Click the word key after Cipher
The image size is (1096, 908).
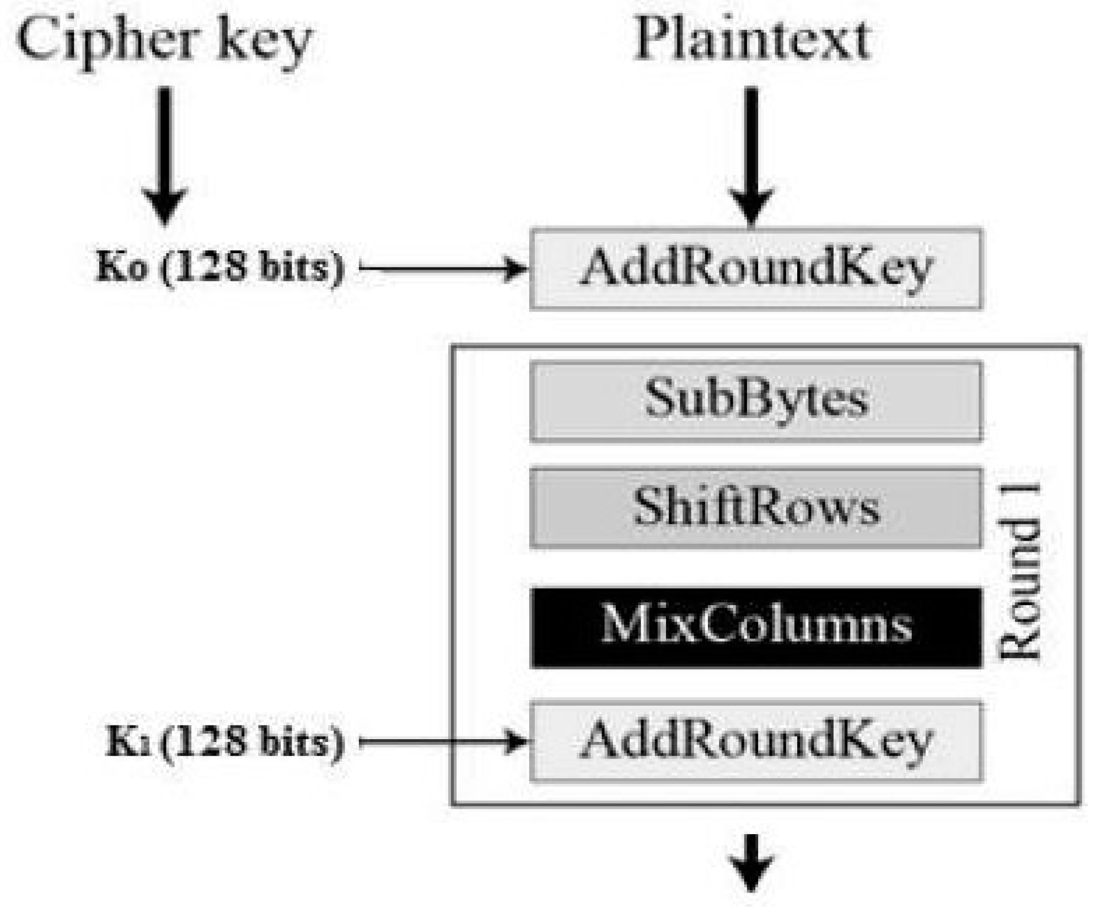pyautogui.click(x=264, y=44)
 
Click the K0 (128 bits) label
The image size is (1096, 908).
pyautogui.click(x=219, y=268)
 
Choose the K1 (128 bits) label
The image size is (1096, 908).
pyautogui.click(x=225, y=742)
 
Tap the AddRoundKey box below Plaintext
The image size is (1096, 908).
pyautogui.click(x=756, y=269)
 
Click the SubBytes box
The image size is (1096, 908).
pyautogui.click(x=756, y=401)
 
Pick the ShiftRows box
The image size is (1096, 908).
pyautogui.click(x=756, y=508)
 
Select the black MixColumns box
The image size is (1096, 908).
pyautogui.click(x=756, y=627)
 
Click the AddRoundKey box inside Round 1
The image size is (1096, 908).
pyautogui.click(x=756, y=741)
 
